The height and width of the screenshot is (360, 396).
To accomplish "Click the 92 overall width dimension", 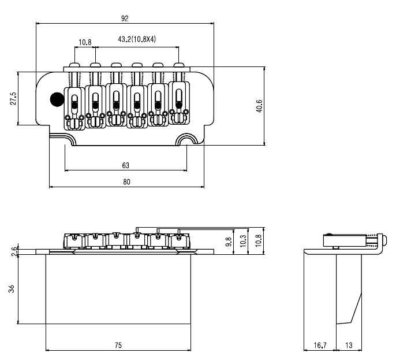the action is [x=125, y=18].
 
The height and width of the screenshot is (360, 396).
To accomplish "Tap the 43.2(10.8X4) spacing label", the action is [x=137, y=39].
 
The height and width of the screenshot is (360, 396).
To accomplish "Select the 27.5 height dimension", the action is [x=13, y=98].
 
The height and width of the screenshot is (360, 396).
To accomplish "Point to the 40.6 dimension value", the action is [x=259, y=106].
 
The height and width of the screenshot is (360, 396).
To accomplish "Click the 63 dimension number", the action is [x=125, y=165].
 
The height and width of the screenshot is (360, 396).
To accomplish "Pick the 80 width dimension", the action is [x=126, y=182].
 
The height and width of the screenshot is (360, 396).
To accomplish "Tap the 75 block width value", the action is [x=118, y=345].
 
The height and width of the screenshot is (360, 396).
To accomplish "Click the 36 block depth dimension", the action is [x=12, y=289].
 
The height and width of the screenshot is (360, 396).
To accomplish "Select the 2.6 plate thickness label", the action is [x=15, y=251].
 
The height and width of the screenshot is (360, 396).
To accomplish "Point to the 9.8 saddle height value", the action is [x=229, y=242].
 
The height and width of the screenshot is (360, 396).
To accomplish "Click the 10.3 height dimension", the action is [x=243, y=241].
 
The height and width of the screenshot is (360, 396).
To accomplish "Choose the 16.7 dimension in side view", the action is [x=320, y=345].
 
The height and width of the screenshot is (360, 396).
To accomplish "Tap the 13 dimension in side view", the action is [x=349, y=345].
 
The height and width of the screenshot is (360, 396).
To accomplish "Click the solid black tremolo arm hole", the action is [x=57, y=99].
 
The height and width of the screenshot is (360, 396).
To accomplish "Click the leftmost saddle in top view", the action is [x=74, y=109].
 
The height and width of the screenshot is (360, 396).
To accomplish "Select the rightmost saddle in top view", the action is [x=179, y=103].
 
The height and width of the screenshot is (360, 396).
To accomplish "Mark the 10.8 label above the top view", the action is [x=85, y=42].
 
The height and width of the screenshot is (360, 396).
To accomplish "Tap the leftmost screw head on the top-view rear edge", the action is [x=74, y=65].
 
